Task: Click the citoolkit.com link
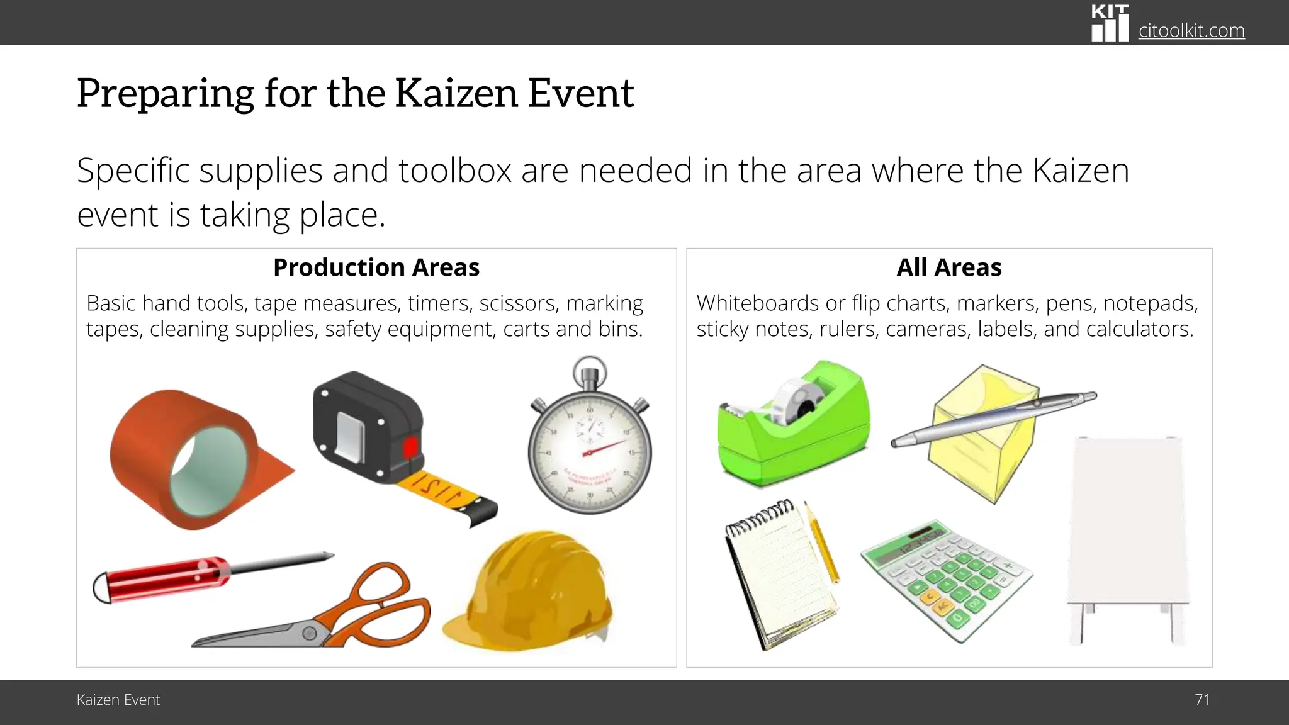1191,30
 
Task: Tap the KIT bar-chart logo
1110,24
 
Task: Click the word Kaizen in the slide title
456,93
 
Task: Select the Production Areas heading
376,267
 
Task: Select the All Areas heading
948,267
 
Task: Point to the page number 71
1202,700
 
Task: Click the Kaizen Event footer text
118,700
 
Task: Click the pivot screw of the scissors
310,632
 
